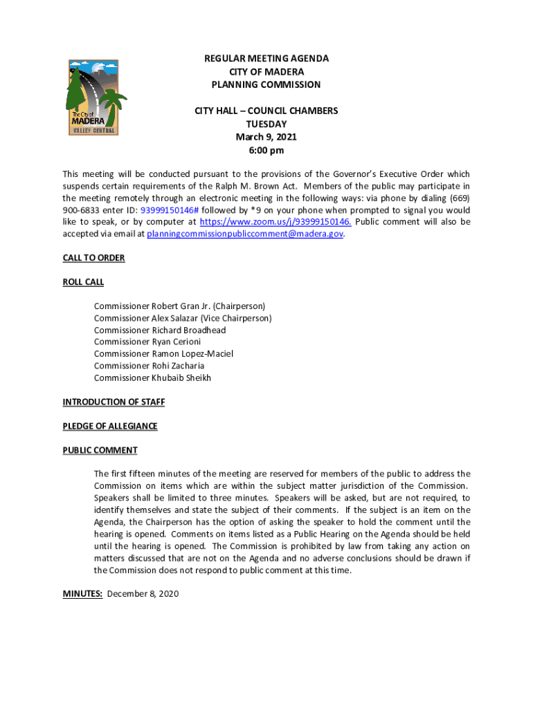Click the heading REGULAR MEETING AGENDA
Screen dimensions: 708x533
[266, 59]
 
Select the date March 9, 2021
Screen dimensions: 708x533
[266, 137]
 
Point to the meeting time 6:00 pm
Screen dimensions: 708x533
[266, 150]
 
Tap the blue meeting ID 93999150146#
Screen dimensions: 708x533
[169, 210]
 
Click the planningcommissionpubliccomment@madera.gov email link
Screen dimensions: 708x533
[245, 234]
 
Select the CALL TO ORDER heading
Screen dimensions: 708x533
[93, 258]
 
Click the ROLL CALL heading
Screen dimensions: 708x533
[83, 282]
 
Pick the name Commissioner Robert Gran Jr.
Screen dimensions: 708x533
[179, 306]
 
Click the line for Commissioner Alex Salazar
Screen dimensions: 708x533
[183, 318]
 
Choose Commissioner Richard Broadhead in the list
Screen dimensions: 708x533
[160, 330]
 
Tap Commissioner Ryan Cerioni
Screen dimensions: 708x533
[147, 342]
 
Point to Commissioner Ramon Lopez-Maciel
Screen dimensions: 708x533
[163, 353]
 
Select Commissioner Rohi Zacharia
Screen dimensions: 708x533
[149, 366]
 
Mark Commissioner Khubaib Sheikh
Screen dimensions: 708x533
[152, 378]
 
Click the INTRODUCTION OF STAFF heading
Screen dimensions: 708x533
[114, 402]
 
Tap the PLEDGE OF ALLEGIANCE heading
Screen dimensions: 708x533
[110, 426]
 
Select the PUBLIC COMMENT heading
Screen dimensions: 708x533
[100, 450]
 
